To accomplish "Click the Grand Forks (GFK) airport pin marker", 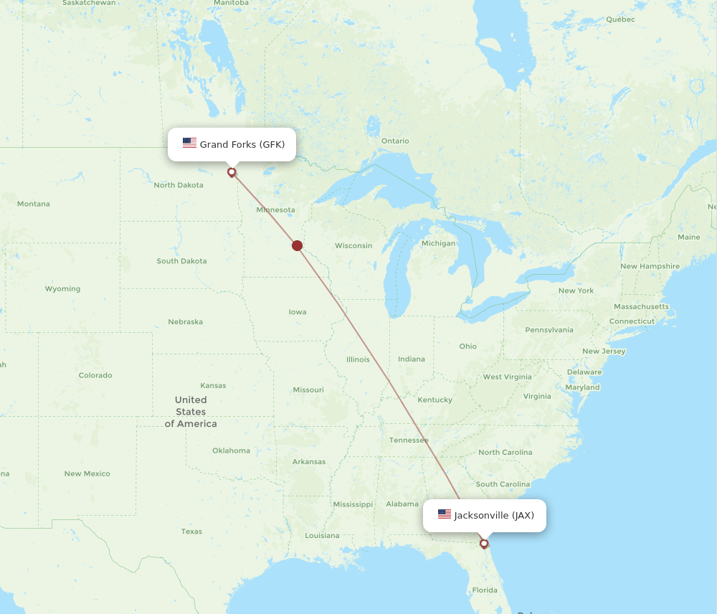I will pyautogui.click(x=232, y=172).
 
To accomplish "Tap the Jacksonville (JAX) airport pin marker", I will pyautogui.click(x=484, y=543).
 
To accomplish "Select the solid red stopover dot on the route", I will pyautogui.click(x=298, y=245).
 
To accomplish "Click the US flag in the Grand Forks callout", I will pyautogui.click(x=189, y=143).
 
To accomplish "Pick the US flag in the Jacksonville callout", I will pyautogui.click(x=445, y=514).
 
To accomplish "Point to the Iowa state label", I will pyautogui.click(x=298, y=312).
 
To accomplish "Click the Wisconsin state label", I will pyautogui.click(x=353, y=245).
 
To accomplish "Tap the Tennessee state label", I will pyautogui.click(x=409, y=440).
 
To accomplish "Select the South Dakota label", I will pyautogui.click(x=181, y=261).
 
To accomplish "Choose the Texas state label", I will pyautogui.click(x=191, y=532).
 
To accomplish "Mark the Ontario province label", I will pyautogui.click(x=395, y=141).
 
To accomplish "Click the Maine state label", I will pyautogui.click(x=688, y=237).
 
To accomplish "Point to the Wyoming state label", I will pyautogui.click(x=62, y=289).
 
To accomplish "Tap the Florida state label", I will pyautogui.click(x=485, y=590).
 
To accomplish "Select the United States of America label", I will pyautogui.click(x=191, y=412).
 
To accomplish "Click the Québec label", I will pyautogui.click(x=620, y=19).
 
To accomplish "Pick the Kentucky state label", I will pyautogui.click(x=435, y=400).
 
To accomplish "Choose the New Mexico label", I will pyautogui.click(x=87, y=473).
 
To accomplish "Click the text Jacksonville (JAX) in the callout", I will pyautogui.click(x=494, y=515).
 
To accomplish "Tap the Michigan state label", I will pyautogui.click(x=438, y=243).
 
